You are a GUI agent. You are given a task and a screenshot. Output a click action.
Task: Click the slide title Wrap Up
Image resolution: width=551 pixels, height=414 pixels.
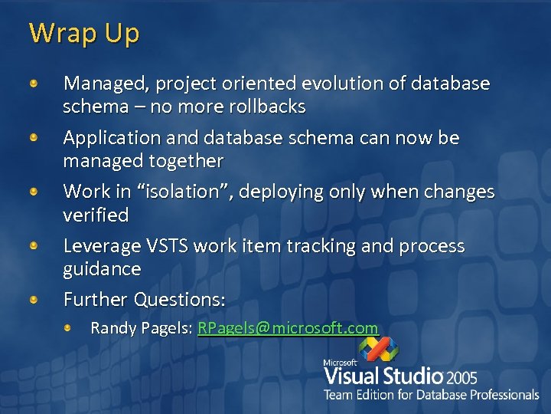coord(84,33)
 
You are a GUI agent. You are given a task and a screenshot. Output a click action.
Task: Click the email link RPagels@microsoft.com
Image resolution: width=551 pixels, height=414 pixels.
coord(288,328)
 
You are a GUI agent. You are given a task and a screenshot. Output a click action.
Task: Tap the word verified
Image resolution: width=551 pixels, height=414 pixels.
coord(96,215)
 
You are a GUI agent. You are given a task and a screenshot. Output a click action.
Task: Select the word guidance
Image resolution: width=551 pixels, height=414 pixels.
coord(102,269)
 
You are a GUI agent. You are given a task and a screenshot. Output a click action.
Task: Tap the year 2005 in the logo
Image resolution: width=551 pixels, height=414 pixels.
coord(462,377)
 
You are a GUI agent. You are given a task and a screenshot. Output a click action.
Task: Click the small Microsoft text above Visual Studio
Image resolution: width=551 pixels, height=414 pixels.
coord(340,363)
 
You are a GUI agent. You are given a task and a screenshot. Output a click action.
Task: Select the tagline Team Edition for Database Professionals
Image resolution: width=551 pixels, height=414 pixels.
coord(431,395)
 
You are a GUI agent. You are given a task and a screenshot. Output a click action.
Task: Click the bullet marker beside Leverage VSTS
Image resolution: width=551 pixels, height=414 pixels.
coord(34,247)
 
